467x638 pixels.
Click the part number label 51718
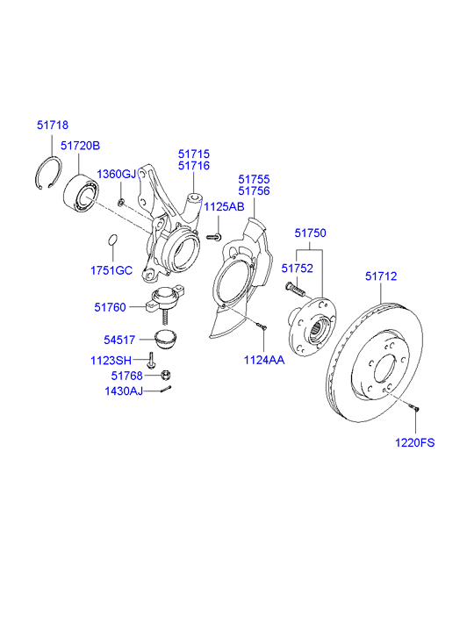point(52,125)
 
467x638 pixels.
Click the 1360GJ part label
point(117,174)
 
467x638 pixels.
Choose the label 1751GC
point(111,269)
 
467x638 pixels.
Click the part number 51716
point(193,165)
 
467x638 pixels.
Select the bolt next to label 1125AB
point(213,236)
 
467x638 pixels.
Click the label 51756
point(254,191)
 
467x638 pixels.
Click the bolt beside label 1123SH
point(152,360)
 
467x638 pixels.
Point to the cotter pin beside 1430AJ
point(166,391)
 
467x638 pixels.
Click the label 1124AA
point(264,360)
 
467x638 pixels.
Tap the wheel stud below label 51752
point(294,287)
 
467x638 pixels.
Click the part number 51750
point(310,233)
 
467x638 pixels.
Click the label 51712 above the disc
point(381,276)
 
